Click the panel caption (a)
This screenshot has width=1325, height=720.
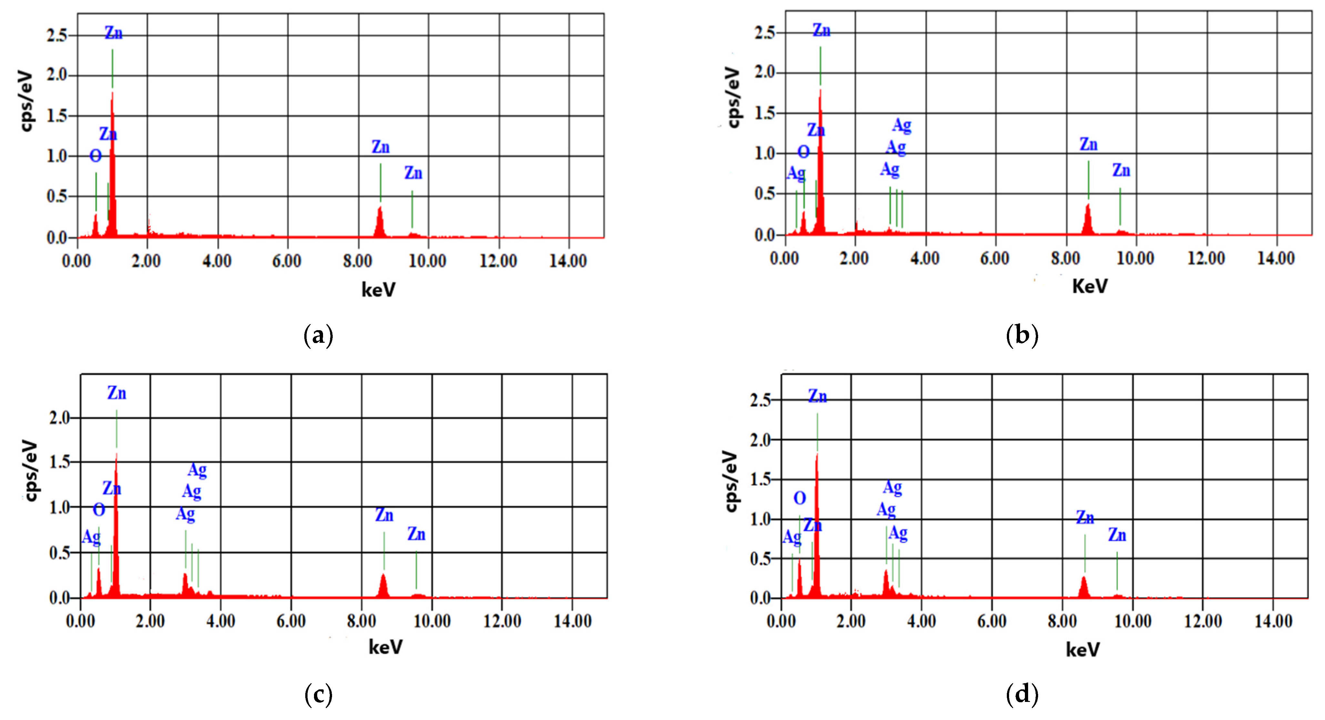click(x=319, y=336)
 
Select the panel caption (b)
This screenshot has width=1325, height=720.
click(x=1022, y=336)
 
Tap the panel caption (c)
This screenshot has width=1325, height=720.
click(x=319, y=695)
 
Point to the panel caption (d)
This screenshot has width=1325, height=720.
click(x=1022, y=695)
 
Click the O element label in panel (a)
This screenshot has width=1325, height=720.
click(x=96, y=156)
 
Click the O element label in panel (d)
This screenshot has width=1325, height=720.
click(x=799, y=498)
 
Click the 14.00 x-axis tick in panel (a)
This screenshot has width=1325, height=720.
click(x=568, y=261)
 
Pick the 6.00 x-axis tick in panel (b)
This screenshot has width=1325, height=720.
click(x=995, y=258)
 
